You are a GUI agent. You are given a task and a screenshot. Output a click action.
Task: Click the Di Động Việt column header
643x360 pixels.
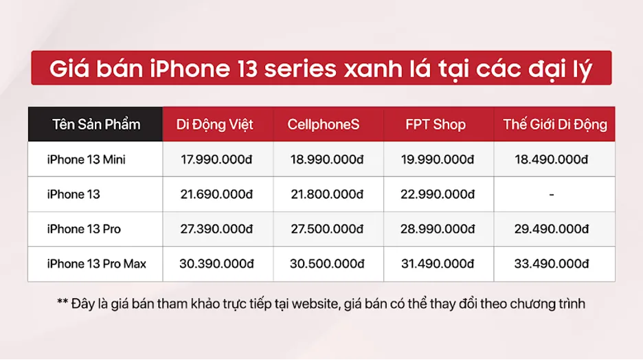coord(215,124)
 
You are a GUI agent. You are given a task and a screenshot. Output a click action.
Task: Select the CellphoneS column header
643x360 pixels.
coord(324,124)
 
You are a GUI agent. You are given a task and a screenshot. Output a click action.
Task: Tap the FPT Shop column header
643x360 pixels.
coord(435,124)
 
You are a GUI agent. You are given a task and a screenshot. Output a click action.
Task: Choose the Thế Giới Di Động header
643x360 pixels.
coord(555,124)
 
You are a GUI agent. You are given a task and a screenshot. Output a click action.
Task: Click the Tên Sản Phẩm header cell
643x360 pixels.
coord(95,124)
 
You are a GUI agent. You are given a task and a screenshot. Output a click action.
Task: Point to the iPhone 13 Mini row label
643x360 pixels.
coord(86,159)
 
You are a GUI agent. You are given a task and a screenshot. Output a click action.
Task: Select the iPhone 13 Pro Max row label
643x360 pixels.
coord(97,264)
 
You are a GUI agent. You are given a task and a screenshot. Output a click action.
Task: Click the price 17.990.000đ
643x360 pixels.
coord(217,159)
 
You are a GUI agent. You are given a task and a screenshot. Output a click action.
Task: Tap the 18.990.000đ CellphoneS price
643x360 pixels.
coord(326,159)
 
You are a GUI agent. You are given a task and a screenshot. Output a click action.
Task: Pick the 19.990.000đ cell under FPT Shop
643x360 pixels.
coord(438,159)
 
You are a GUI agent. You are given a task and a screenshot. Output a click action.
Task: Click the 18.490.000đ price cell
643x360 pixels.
coord(552,159)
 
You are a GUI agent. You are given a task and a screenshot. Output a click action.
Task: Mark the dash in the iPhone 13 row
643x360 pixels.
coord(552,194)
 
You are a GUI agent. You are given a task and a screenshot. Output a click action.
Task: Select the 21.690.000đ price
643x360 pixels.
coord(217,194)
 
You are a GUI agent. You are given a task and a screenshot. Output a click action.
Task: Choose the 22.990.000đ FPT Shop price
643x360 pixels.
coord(438,194)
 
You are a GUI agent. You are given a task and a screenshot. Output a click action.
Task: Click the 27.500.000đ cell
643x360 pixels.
coord(326,229)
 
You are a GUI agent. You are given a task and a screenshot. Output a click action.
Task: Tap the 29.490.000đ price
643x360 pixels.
coord(552,229)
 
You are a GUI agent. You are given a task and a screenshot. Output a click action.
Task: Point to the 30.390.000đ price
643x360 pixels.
coord(217,264)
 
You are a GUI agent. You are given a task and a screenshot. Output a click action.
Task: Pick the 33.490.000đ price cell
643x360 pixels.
coord(552,264)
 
